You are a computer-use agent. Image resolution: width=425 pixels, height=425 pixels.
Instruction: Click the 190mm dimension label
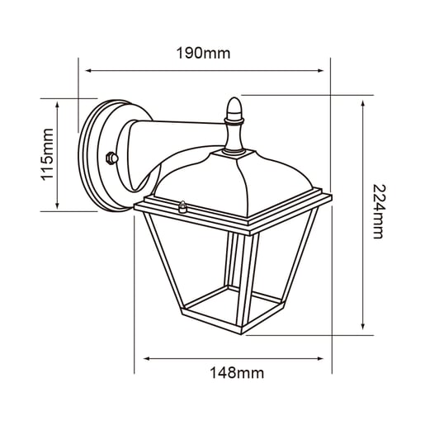tap(203, 53)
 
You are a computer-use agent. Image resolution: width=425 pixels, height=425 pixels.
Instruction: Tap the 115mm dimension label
tap(47, 154)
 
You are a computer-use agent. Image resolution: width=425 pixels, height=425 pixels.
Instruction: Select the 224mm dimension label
tap(379, 211)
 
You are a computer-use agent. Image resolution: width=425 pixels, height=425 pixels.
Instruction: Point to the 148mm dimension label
tap(237, 373)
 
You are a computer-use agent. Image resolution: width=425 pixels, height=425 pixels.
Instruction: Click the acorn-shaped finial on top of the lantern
tap(234, 108)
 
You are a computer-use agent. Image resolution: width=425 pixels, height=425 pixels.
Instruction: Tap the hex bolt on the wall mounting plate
tap(112, 158)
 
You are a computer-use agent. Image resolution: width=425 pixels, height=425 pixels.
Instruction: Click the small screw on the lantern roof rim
tap(182, 207)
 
